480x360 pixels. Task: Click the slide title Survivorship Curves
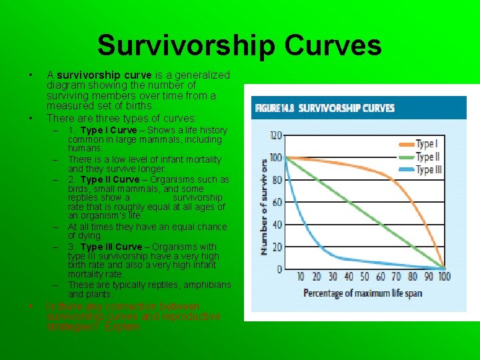[x=239, y=45]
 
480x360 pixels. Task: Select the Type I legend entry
[x=426, y=144]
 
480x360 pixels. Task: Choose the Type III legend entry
[x=428, y=169]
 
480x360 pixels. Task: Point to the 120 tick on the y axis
[x=275, y=135]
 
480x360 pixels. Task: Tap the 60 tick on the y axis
[x=277, y=202]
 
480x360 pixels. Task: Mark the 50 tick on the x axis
[x=365, y=277]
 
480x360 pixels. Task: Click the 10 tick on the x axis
[x=301, y=277]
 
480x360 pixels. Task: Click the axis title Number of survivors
[x=264, y=206]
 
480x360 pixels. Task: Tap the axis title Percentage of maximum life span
[x=363, y=293]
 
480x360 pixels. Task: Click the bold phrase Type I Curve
[x=108, y=130]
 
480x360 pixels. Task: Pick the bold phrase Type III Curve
[x=111, y=247]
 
